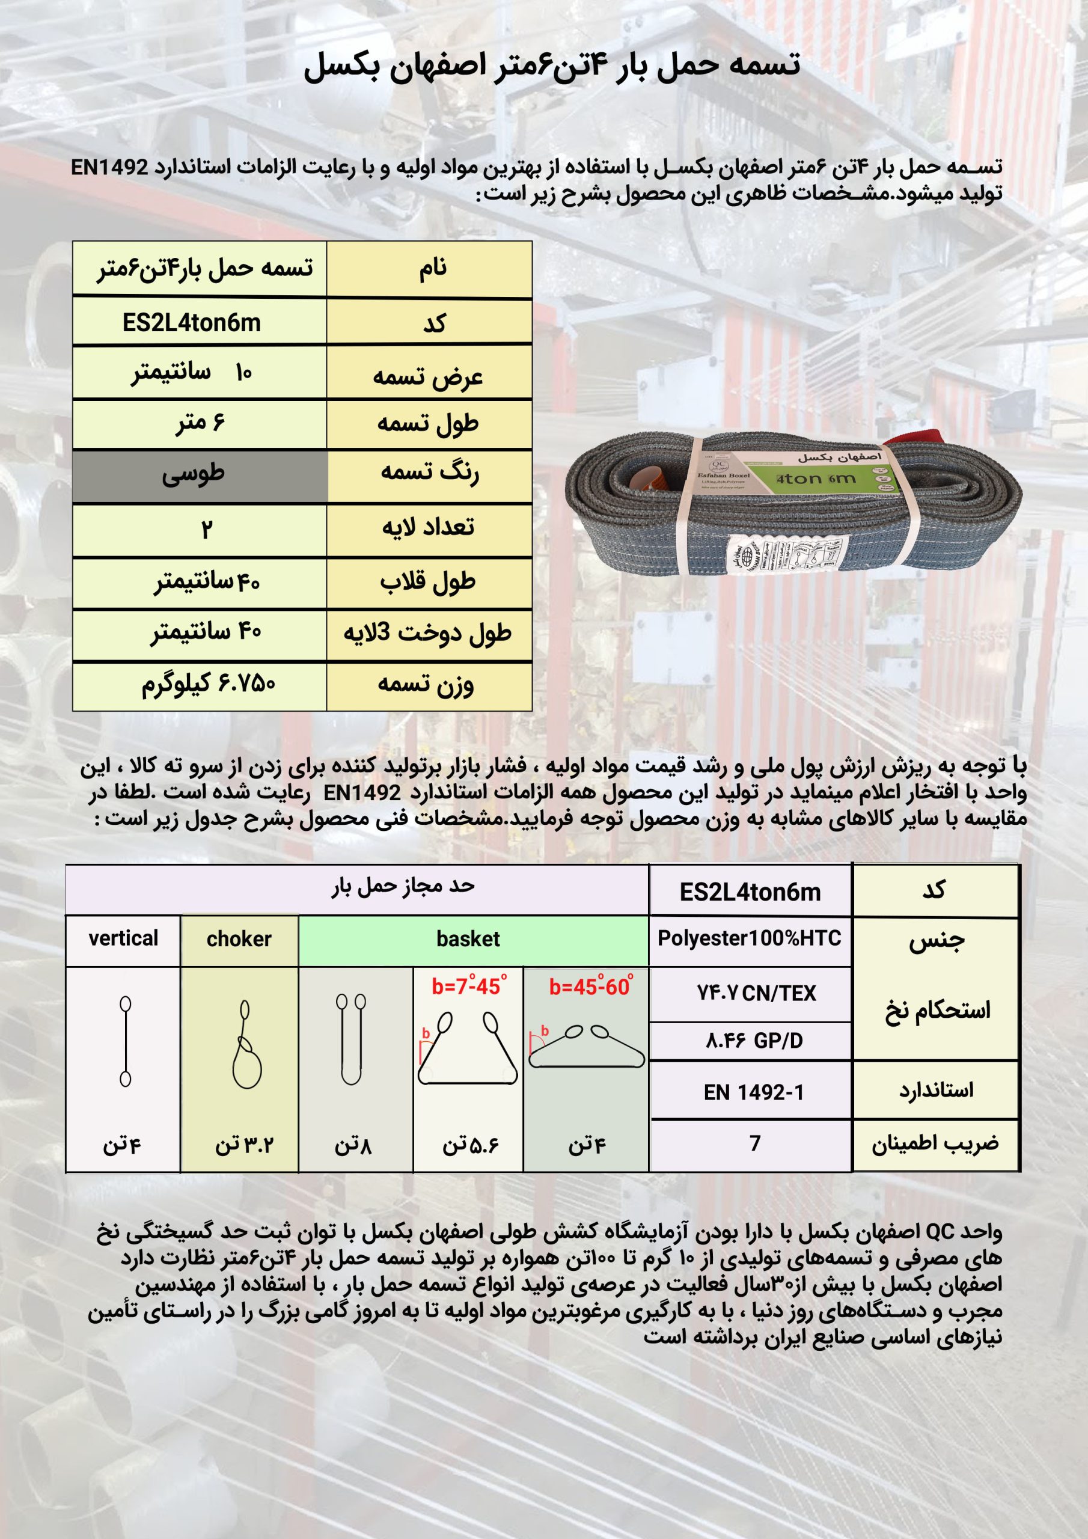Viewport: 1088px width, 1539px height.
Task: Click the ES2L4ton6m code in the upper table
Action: [x=191, y=323]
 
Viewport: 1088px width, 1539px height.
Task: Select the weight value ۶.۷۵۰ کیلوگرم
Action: [x=208, y=684]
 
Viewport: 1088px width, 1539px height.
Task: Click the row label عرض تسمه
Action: [x=428, y=375]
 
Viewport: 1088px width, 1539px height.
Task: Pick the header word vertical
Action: [x=123, y=938]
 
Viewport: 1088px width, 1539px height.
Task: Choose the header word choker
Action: [x=239, y=939]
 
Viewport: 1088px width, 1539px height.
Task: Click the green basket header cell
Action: [x=468, y=939]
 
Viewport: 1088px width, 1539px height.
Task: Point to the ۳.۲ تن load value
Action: [x=244, y=1145]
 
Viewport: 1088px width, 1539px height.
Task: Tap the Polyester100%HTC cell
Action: [x=750, y=938]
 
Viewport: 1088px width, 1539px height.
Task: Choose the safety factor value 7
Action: [x=755, y=1143]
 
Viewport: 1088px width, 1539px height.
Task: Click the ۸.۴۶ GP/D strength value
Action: [x=754, y=1041]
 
